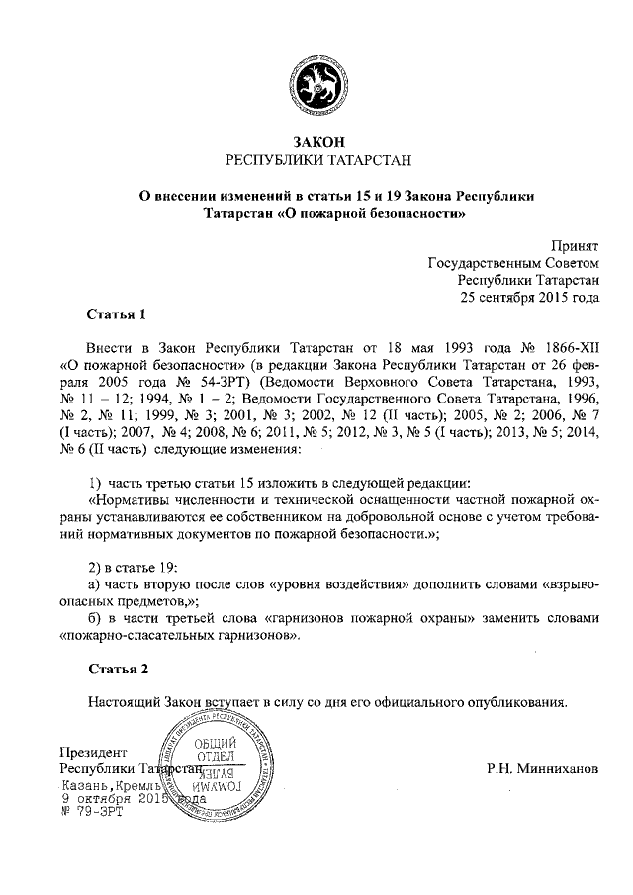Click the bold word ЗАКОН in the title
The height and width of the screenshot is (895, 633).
coord(316,142)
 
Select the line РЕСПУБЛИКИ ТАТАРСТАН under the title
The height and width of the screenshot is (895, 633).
coord(316,159)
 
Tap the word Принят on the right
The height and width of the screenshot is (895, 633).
coord(575,246)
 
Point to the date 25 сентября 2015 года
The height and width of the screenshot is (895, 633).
coord(531,297)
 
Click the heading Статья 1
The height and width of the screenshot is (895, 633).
coord(117,315)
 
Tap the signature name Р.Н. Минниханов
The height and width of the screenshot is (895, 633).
coord(543,768)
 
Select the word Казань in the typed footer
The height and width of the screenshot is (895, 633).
coord(86,783)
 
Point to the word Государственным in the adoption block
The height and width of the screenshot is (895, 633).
coord(487,263)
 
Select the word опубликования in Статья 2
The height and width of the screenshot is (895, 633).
coord(514,703)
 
